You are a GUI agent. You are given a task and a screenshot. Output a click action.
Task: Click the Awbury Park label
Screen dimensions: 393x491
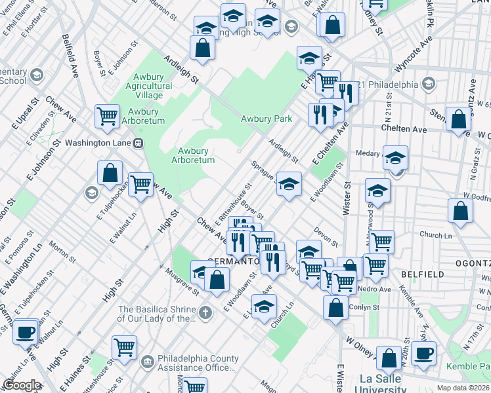(266, 119)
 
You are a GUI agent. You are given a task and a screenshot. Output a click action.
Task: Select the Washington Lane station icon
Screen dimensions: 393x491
(138, 143)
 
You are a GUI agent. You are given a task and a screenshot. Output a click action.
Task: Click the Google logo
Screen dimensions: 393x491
(21, 385)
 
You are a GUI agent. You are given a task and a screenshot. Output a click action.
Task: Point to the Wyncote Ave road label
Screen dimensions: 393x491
(414, 57)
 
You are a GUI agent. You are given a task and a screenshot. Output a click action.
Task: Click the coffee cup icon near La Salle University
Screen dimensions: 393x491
(423, 352)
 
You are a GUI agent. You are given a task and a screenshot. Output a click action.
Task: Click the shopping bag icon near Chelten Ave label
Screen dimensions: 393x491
(459, 119)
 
